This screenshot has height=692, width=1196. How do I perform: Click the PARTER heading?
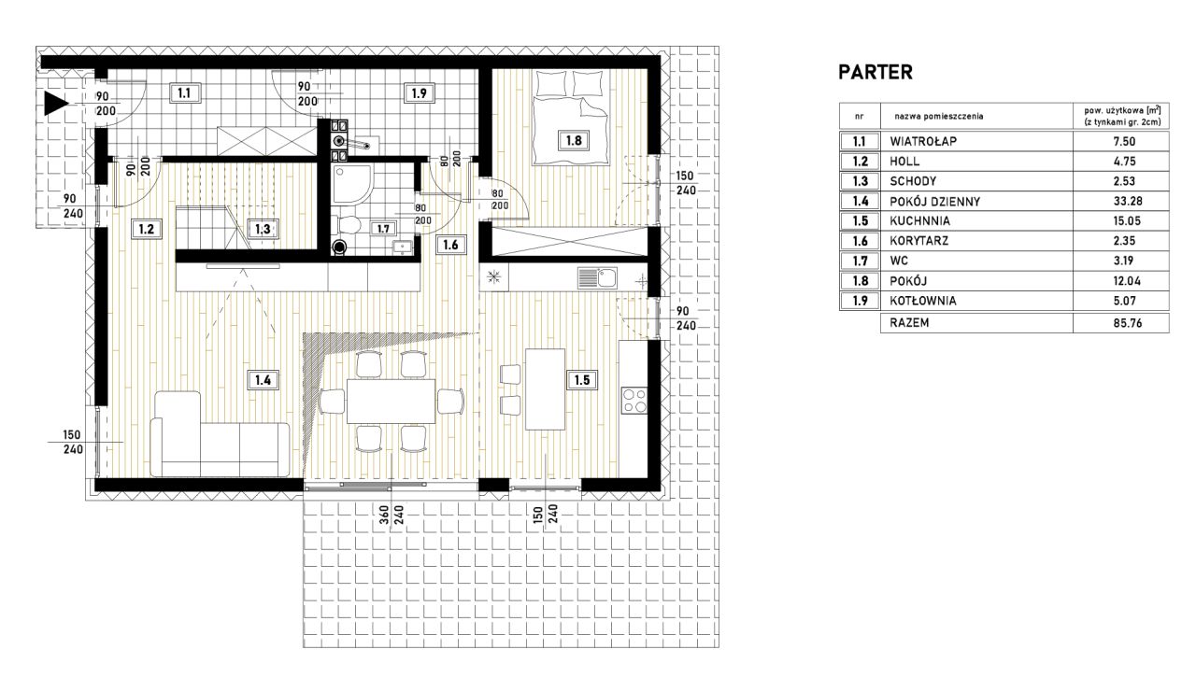point(876,72)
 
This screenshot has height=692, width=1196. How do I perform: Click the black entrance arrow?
point(55,103)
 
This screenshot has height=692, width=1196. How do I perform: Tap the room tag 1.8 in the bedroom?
point(574,141)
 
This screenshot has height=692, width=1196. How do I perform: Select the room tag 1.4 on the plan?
point(263,380)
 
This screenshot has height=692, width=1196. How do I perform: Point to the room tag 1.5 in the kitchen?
point(581,380)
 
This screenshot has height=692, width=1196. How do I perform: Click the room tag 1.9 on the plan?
point(420,93)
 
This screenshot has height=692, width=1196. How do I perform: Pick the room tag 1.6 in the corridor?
point(450,245)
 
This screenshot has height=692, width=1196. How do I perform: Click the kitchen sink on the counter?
point(597,278)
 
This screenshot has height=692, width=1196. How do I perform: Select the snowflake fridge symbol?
point(494,277)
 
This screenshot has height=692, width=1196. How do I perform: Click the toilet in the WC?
point(346,225)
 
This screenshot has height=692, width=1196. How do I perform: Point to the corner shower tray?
point(351,184)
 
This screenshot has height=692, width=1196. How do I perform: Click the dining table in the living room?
point(392,401)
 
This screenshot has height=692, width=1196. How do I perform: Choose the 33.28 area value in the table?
point(1124,201)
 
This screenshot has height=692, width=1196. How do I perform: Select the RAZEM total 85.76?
point(1127,323)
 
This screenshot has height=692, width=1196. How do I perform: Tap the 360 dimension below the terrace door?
point(384,515)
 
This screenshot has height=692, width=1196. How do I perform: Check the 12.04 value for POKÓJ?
point(1124,281)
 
